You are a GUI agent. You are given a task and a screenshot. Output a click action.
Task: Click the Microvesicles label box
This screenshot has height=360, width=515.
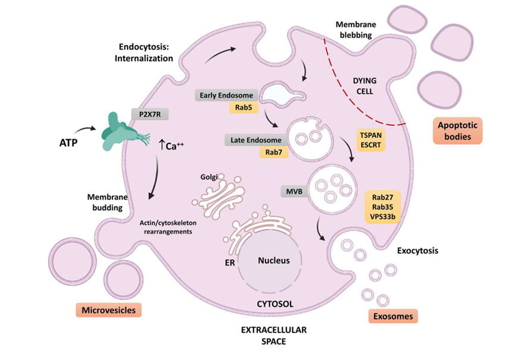coord(109,310)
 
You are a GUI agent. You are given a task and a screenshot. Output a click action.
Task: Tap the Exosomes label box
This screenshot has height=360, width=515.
coord(393,316)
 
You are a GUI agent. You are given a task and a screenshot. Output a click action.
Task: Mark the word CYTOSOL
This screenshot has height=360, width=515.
coord(275,304)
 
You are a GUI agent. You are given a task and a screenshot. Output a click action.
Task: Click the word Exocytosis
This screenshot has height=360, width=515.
coord(417,251)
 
